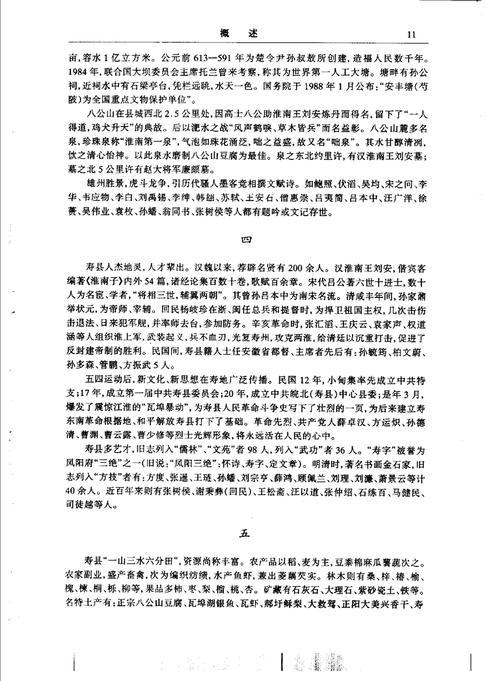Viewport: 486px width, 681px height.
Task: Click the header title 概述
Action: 243,34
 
